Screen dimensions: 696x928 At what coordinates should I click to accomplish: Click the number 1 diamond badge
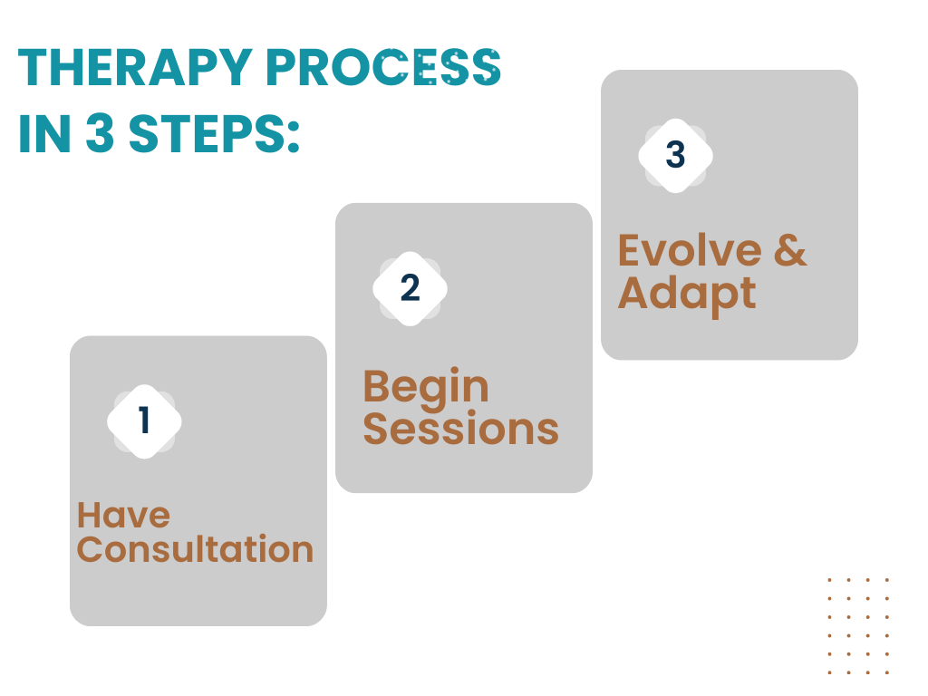click(x=144, y=421)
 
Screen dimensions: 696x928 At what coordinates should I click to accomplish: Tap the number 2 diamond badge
click(x=410, y=288)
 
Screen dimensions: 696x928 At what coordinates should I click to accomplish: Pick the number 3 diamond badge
click(x=675, y=155)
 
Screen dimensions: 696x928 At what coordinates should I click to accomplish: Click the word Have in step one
click(x=123, y=515)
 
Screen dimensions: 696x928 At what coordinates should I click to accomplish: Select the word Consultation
click(x=195, y=550)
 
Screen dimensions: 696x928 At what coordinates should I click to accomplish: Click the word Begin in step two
click(x=426, y=388)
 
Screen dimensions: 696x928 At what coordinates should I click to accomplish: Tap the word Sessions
click(x=460, y=429)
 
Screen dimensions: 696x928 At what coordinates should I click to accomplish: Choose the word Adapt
click(x=687, y=294)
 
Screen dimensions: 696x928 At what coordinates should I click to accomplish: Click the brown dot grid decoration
click(x=858, y=625)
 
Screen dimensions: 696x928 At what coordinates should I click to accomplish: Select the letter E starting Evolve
click(x=631, y=251)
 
